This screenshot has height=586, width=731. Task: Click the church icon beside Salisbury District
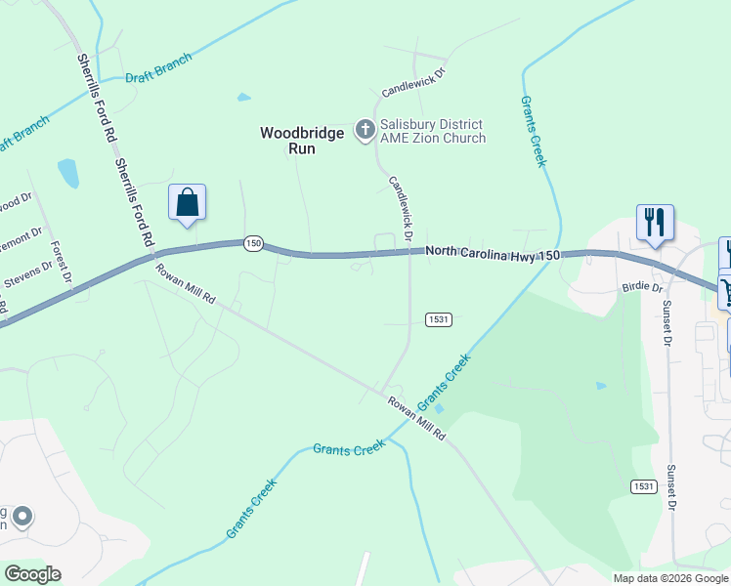tap(365, 129)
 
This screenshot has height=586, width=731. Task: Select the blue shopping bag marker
tap(188, 202)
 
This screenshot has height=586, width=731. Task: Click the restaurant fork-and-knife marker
tap(655, 222)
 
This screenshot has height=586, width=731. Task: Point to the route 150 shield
tap(253, 243)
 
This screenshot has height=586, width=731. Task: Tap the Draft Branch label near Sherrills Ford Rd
tap(158, 67)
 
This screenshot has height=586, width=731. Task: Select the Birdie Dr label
tap(642, 288)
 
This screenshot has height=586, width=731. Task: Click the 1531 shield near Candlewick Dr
tap(438, 319)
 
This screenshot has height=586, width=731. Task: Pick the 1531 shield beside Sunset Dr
tap(642, 485)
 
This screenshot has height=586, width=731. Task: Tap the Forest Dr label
tap(62, 263)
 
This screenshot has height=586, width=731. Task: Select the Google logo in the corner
tap(32, 574)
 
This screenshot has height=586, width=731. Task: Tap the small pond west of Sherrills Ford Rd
tap(67, 173)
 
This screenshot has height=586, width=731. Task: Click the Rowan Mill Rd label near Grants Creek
tap(416, 418)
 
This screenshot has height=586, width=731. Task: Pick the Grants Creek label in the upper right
tap(532, 132)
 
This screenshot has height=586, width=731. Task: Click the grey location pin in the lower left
tap(21, 516)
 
